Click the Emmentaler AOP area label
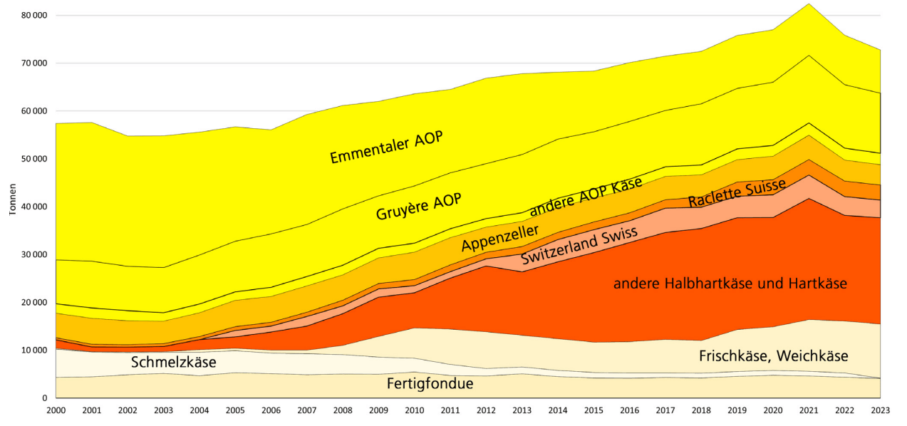pyautogui.click(x=385, y=147)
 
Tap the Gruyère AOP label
pyautogui.click(x=419, y=207)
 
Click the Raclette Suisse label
pyautogui.click(x=737, y=193)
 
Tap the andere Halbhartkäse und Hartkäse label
pyautogui.click(x=730, y=284)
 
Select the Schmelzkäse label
pyautogui.click(x=173, y=362)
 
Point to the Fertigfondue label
pyautogui.click(x=430, y=384)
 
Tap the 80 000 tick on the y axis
pyautogui.click(x=33, y=15)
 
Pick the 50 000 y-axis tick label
pyautogui.click(x=33, y=159)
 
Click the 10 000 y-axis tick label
pyautogui.click(x=33, y=350)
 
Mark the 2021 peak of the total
pyautogui.click(x=809, y=4)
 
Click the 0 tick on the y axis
pyautogui.click(x=44, y=398)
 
